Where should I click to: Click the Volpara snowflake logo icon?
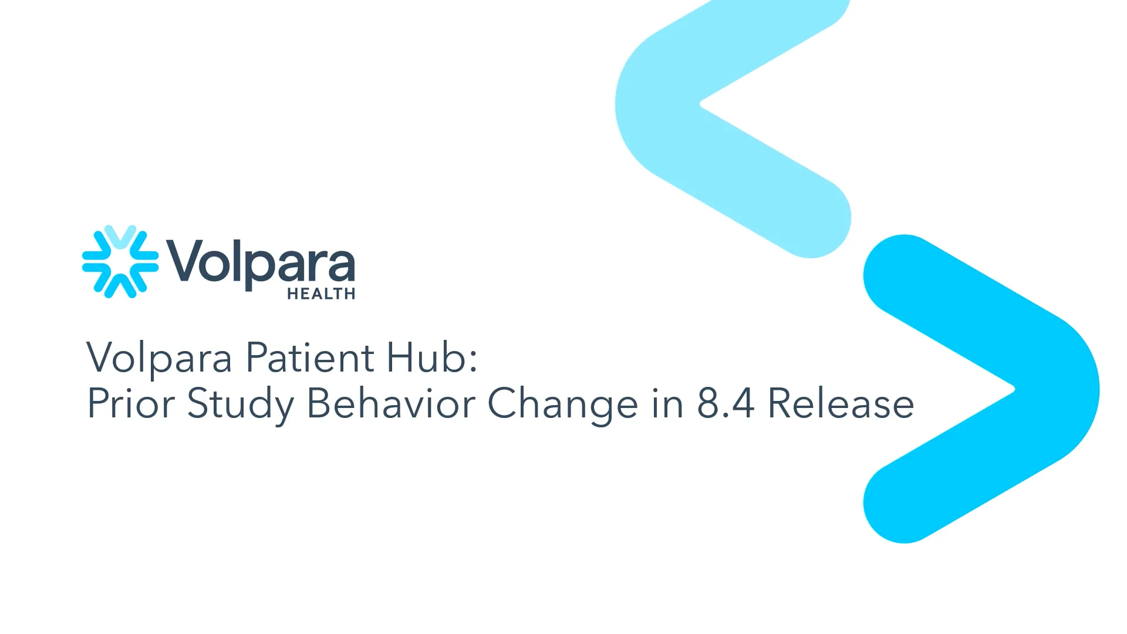click(120, 262)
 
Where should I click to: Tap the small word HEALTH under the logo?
click(321, 294)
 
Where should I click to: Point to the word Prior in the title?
click(131, 403)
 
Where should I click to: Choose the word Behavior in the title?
click(390, 403)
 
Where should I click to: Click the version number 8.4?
click(726, 403)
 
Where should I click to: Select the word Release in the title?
click(841, 403)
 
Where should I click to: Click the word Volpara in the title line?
click(159, 358)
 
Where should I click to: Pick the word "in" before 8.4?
click(668, 403)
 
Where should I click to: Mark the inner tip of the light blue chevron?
click(701, 104)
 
